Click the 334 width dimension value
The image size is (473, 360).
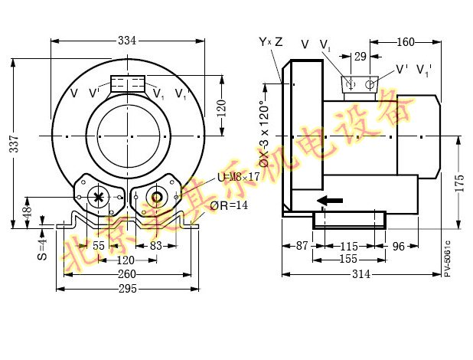click(128, 40)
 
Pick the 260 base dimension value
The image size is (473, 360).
click(128, 274)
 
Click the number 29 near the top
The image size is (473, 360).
click(360, 55)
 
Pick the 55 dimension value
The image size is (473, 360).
click(99, 247)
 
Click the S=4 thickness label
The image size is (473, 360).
click(43, 247)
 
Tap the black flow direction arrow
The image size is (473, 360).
click(330, 201)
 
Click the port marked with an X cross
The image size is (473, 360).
click(99, 197)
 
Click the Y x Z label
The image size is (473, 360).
click(270, 41)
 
